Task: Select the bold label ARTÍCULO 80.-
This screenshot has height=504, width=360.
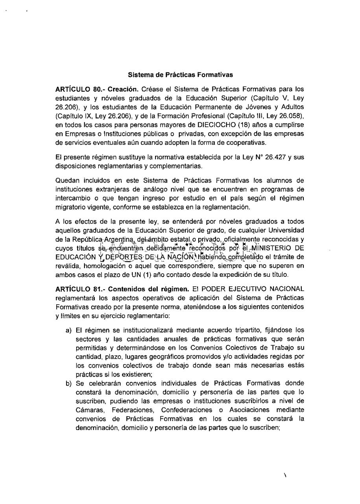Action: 77,89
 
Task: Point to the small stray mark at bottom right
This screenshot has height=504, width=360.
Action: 284,476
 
